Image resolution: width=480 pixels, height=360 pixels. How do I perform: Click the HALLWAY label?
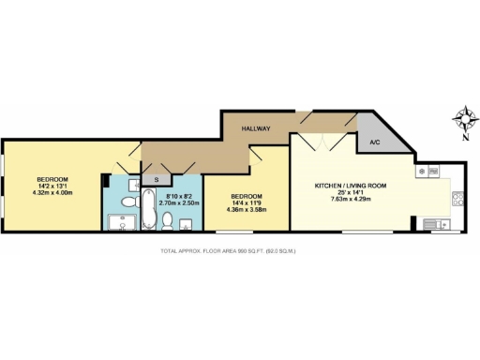[x=256, y=127]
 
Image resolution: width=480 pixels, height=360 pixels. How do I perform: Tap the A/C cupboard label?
[x=374, y=142]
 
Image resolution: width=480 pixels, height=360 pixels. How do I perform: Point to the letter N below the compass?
[x=465, y=138]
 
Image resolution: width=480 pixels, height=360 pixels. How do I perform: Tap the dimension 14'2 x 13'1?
[x=52, y=187]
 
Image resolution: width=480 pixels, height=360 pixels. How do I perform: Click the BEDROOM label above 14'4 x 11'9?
[x=246, y=196]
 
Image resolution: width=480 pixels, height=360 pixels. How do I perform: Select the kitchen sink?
[x=436, y=223]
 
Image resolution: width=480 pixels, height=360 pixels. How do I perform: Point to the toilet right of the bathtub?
[x=167, y=221]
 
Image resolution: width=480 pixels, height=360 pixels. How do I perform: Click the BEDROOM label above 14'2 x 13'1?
[x=52, y=179]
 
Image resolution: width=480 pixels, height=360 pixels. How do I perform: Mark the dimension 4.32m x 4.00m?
[x=52, y=194]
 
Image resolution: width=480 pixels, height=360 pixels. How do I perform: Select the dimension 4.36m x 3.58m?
[x=246, y=210]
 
